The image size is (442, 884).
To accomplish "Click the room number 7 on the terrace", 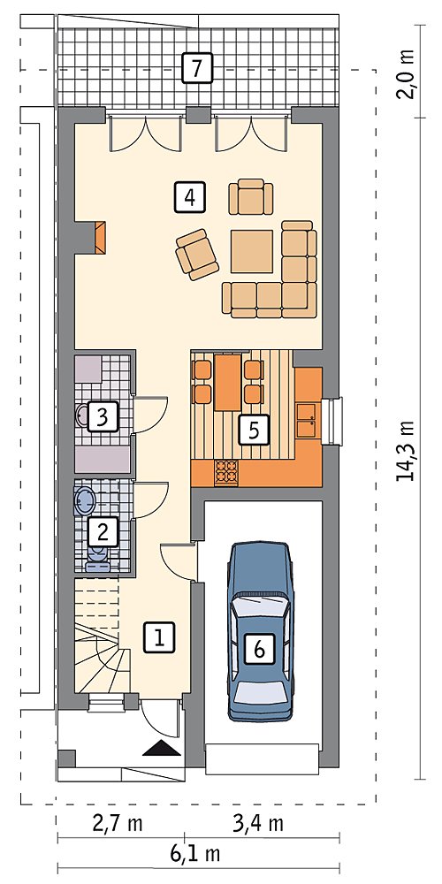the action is click(x=197, y=68).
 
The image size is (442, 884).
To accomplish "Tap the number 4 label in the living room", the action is click(x=190, y=197).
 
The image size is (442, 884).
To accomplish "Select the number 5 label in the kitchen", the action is click(x=253, y=431).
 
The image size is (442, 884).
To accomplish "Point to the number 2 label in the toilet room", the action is click(x=103, y=531).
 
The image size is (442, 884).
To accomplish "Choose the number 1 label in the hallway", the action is click(x=159, y=637).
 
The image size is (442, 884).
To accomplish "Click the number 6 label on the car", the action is click(x=259, y=650).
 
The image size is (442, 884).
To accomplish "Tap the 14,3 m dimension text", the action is click(x=405, y=451).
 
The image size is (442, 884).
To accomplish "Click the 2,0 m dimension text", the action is click(x=405, y=75).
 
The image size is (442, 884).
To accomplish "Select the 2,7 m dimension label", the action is click(x=118, y=824).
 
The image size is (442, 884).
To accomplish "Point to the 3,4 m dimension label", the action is click(x=258, y=824).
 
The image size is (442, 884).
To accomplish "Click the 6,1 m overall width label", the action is click(x=194, y=854).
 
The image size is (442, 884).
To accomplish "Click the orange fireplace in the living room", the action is click(x=101, y=237).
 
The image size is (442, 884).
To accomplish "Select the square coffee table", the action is click(x=251, y=252).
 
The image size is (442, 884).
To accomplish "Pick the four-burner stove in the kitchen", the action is click(x=227, y=472).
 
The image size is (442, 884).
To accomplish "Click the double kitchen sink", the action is click(x=309, y=420).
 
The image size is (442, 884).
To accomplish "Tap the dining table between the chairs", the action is click(x=228, y=382).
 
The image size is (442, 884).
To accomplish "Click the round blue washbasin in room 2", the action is click(x=85, y=500).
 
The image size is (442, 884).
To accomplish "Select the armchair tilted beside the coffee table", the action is click(x=197, y=255).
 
